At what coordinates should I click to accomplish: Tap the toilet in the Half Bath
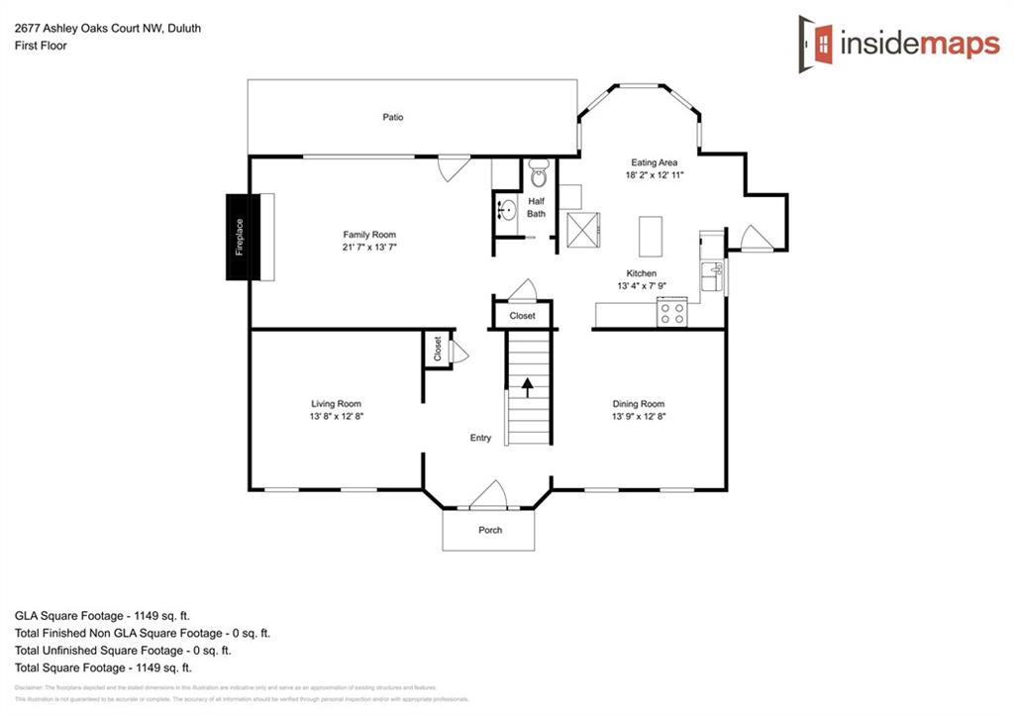coord(539,174)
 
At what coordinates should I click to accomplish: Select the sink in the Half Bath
coord(506,210)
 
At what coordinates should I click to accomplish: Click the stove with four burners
coord(672,313)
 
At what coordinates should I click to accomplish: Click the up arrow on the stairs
coord(528,385)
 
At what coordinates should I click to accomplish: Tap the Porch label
coord(490,530)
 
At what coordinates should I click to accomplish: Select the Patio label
coord(393,117)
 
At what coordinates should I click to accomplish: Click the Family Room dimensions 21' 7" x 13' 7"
coord(369,248)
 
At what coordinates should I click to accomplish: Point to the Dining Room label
coord(638,404)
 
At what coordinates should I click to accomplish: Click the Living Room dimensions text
coord(336,417)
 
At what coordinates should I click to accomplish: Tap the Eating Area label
coord(655,162)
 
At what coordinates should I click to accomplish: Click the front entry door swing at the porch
coord(488,495)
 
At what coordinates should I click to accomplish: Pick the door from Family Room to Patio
coord(454,167)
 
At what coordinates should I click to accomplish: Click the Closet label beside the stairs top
coord(522,316)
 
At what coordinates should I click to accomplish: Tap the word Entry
coord(480,438)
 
